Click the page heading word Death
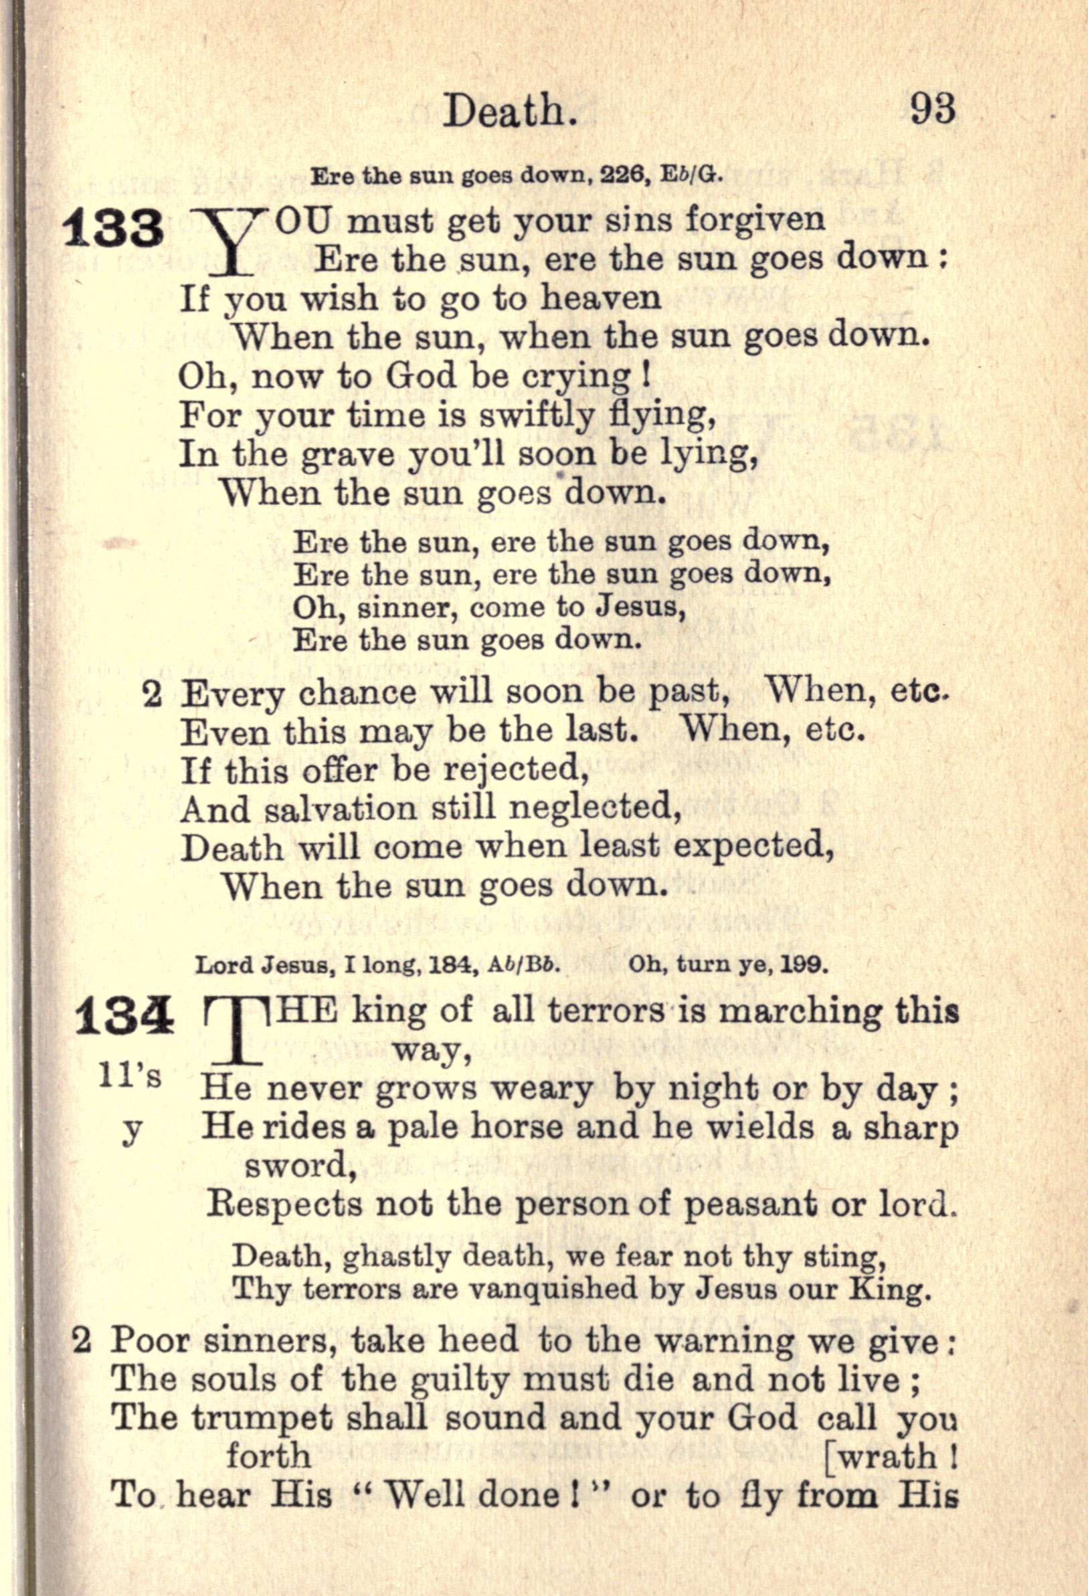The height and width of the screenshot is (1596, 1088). [509, 111]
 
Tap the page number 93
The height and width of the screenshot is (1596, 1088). [933, 109]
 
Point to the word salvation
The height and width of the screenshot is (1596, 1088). [340, 809]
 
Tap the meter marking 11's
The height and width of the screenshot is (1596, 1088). [130, 1076]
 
